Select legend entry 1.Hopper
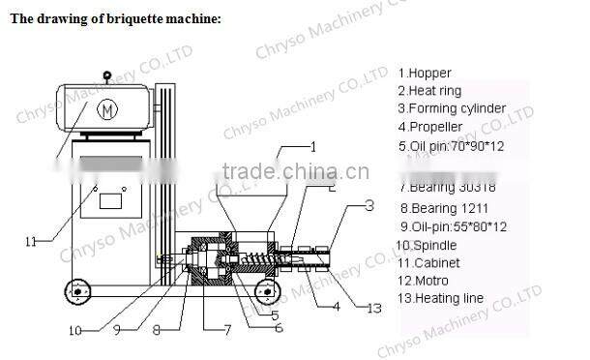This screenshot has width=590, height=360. click(425, 73)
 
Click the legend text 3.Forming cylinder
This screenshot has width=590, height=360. click(452, 109)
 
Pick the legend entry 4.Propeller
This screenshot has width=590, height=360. click(431, 128)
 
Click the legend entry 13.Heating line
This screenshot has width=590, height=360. click(441, 299)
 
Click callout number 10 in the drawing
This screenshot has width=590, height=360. click(75, 330)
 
